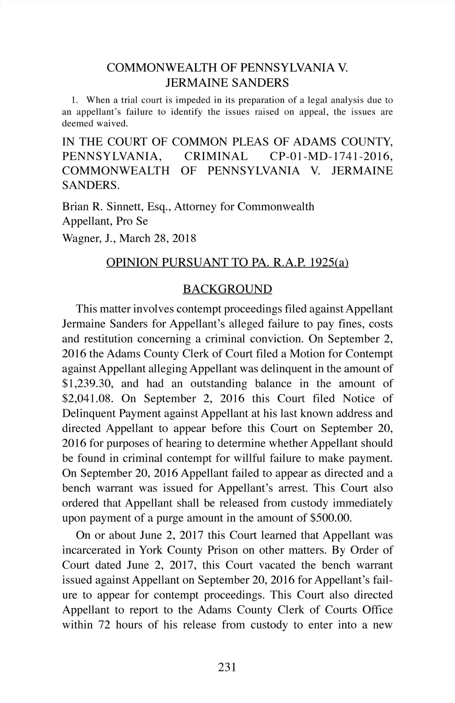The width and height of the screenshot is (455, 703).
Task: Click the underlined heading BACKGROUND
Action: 227,289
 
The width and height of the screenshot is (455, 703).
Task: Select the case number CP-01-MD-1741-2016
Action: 331,156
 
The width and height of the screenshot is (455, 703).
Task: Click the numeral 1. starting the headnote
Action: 75,100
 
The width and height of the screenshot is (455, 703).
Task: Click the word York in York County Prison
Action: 152,550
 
